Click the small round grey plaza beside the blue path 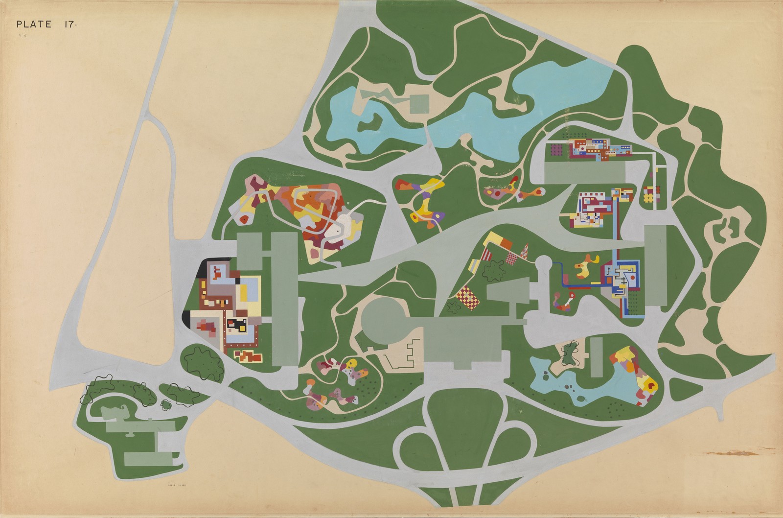[x=543, y=266]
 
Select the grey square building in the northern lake [x=419, y=103]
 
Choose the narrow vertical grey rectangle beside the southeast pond [x=596, y=357]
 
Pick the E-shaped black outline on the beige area [x=406, y=351]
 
